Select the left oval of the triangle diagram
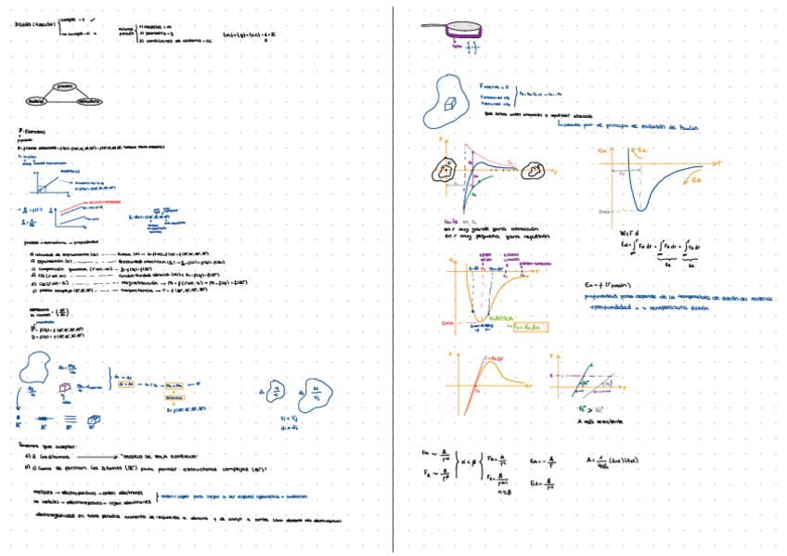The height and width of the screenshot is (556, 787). [x=37, y=100]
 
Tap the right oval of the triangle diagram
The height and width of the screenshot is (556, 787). [x=89, y=100]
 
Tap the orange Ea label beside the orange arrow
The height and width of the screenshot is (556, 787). [x=697, y=183]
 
